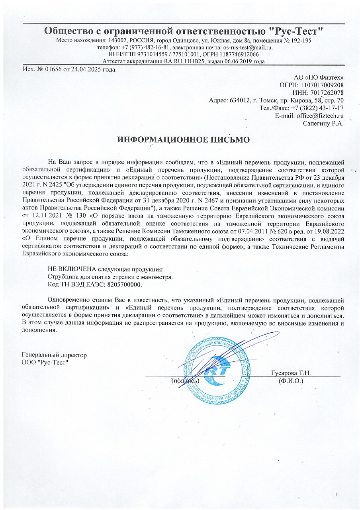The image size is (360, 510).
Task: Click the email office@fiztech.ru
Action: pyautogui.click(x=319, y=116)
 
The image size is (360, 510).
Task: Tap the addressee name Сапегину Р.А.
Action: pyautogui.click(x=323, y=123)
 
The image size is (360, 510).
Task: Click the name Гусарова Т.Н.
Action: pyautogui.click(x=291, y=373)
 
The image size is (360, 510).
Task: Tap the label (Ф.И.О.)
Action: pyautogui.click(x=291, y=381)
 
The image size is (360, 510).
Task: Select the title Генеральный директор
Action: pyautogui.click(x=55, y=355)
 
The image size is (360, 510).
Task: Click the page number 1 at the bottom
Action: pyautogui.click(x=337, y=494)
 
